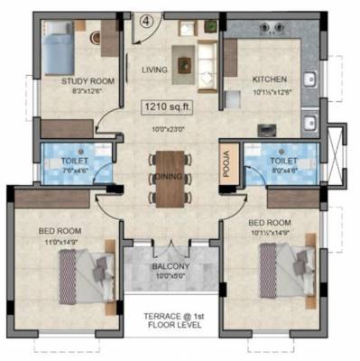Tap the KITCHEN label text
(x=269, y=79)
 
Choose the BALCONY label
(x=171, y=267)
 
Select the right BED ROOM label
(x=270, y=222)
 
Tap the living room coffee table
(x=184, y=64)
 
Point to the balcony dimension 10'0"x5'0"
(x=171, y=277)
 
